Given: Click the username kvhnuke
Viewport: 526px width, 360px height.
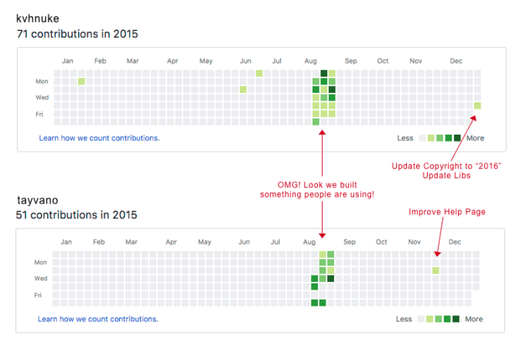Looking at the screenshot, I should pos(39,18).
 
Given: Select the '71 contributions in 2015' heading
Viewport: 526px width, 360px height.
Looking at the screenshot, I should pos(77,34).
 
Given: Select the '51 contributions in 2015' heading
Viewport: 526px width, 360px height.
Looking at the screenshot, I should pos(77,214).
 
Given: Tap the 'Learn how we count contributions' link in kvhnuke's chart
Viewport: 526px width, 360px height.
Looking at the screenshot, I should pos(99,138).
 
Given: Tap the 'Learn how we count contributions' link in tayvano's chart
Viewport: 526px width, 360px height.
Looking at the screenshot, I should pos(98,319).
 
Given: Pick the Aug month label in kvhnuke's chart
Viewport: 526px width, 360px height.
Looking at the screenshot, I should pos(311,60).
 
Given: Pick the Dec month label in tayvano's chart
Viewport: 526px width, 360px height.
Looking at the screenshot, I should pos(455,242).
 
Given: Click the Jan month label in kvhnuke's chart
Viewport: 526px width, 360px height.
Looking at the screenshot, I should pos(67,60).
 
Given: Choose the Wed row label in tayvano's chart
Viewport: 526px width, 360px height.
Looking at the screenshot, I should pos(41,278).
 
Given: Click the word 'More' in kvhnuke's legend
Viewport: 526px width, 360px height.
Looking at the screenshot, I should pos(475,138).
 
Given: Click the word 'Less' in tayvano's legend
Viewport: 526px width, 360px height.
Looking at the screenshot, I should pos(404,319).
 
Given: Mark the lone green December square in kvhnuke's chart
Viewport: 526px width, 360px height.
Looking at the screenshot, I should pos(477,106).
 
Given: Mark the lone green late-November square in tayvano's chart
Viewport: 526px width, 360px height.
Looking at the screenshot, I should pos(435,270).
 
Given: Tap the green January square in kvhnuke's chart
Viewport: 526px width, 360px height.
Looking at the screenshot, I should pos(81,81).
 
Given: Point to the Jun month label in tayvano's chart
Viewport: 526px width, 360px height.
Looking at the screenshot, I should pos(244,242).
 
